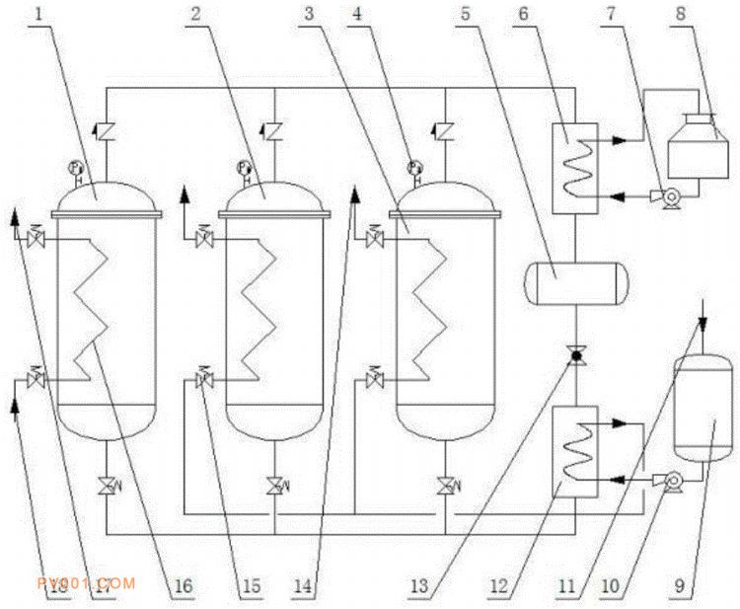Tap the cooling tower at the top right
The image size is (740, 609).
point(700,148)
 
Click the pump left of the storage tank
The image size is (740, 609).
point(671,481)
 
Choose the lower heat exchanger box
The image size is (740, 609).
point(573,449)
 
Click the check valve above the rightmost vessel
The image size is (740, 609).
point(445,129)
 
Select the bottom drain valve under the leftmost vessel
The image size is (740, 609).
point(107,485)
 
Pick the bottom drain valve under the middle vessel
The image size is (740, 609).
point(274,485)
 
